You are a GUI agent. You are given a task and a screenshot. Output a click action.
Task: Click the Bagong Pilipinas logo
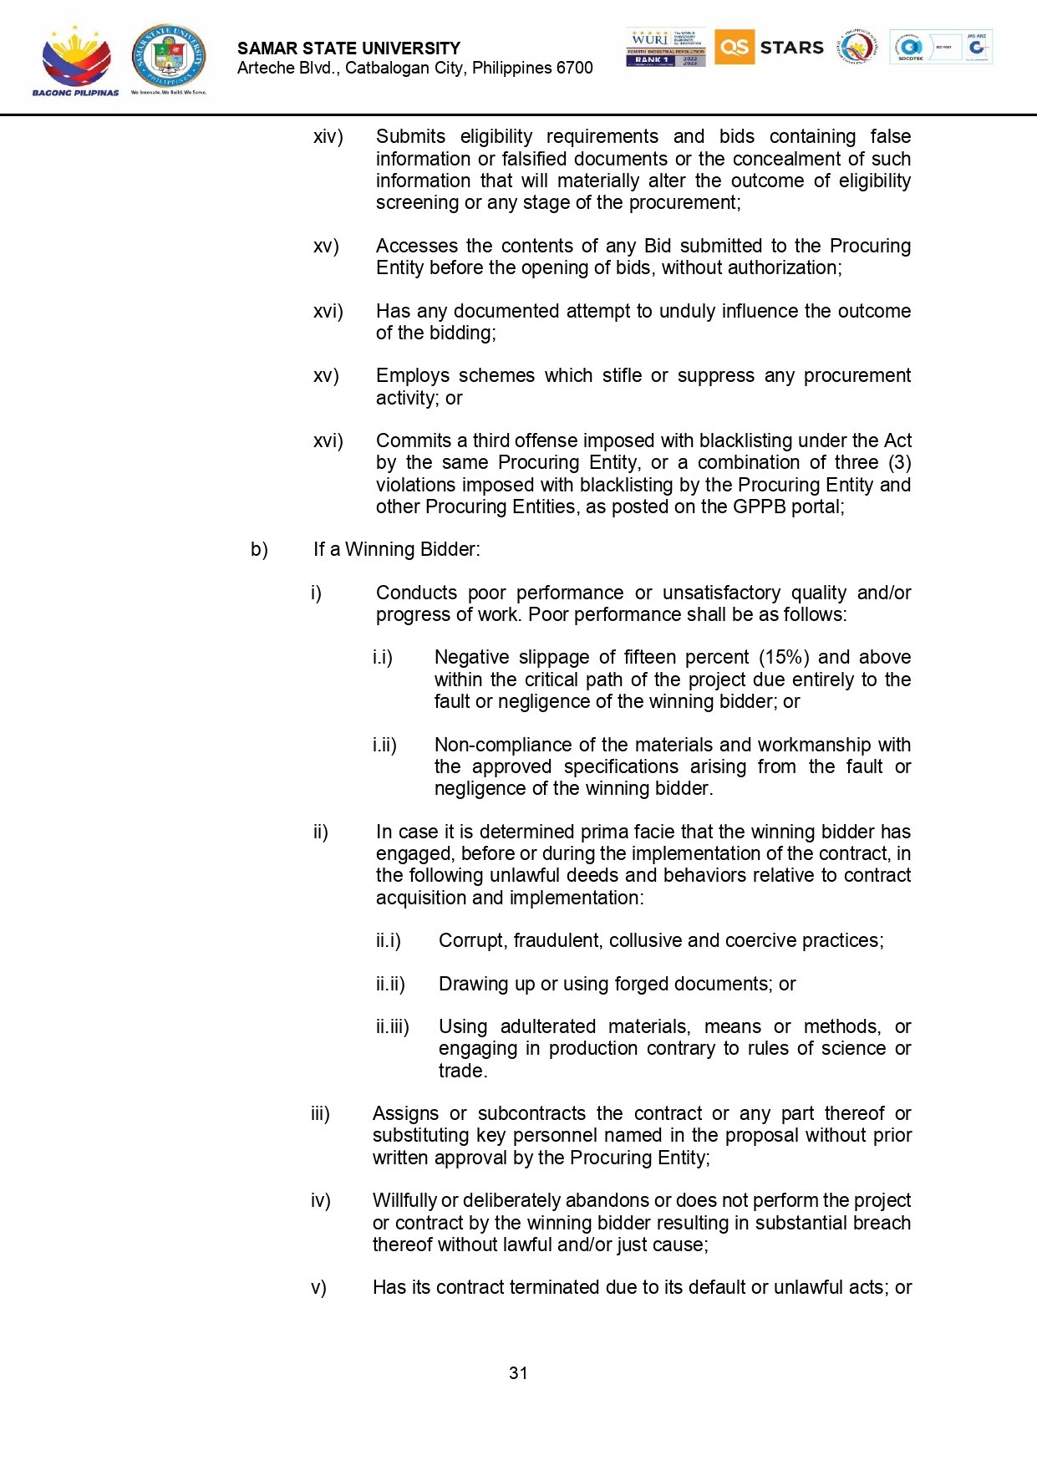[75, 60]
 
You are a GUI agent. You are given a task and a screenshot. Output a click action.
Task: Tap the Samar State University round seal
[168, 56]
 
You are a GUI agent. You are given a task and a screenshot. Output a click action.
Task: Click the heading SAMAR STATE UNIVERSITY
[348, 48]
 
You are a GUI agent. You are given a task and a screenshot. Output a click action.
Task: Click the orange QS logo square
[734, 47]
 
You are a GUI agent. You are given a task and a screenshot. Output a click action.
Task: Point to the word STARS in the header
[791, 48]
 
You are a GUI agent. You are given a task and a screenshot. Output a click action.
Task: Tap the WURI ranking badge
[665, 48]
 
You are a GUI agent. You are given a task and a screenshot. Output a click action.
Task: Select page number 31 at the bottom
[518, 1372]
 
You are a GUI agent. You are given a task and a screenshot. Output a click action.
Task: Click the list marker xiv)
[328, 137]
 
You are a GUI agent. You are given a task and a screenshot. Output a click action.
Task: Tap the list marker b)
[259, 549]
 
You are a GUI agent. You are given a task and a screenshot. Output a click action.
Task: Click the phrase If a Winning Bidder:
[397, 549]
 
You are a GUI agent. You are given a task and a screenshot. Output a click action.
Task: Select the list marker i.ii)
[384, 745]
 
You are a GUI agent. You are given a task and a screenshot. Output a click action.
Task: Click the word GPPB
[760, 506]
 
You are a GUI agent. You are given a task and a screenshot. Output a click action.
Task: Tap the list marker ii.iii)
[393, 1026]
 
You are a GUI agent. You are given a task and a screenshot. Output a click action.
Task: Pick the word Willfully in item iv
[404, 1200]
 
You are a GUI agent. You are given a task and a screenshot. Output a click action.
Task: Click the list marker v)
[318, 1287]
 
